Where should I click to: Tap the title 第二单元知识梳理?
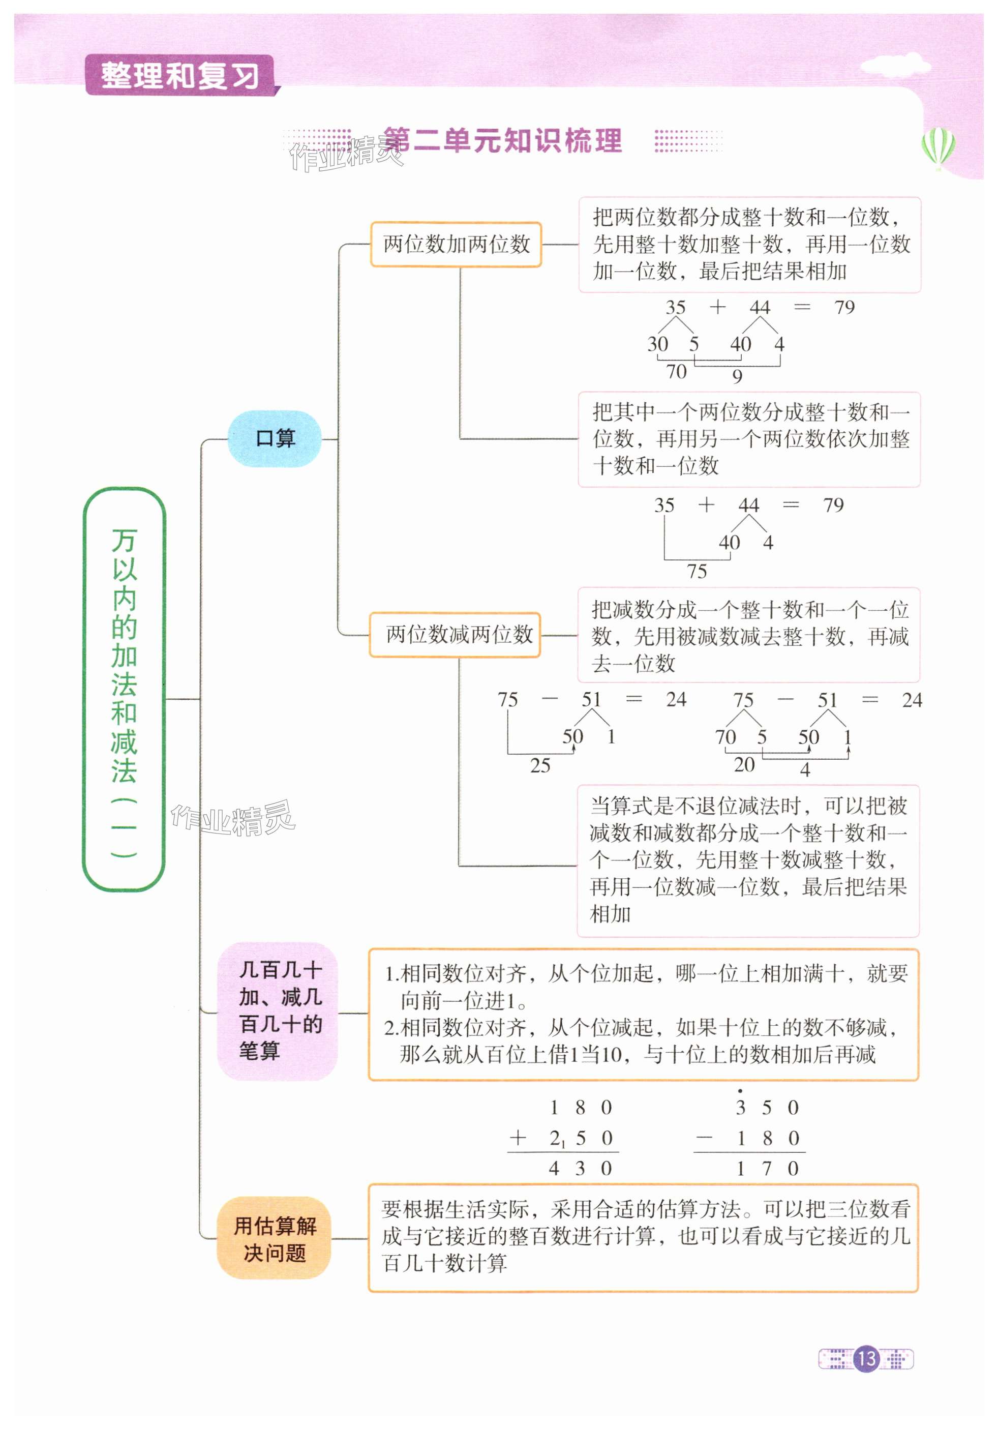coord(502,141)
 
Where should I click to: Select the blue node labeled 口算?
coord(275,438)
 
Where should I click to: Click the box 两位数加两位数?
coord(456,245)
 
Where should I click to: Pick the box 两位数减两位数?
coord(455,634)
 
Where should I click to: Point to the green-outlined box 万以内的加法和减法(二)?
coord(124,689)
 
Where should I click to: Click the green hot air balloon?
coord(939,147)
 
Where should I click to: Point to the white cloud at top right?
coord(895,66)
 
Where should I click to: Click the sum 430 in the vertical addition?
coord(580,1168)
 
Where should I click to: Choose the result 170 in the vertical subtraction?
coord(767,1168)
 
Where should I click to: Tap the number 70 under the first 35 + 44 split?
coord(676,372)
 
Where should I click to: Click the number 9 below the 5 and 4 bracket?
coord(737,376)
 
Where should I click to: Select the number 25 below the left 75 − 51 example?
coord(540,765)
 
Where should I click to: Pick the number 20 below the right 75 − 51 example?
coord(744,764)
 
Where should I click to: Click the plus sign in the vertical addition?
coord(518,1138)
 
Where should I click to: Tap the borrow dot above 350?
coord(740,1091)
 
